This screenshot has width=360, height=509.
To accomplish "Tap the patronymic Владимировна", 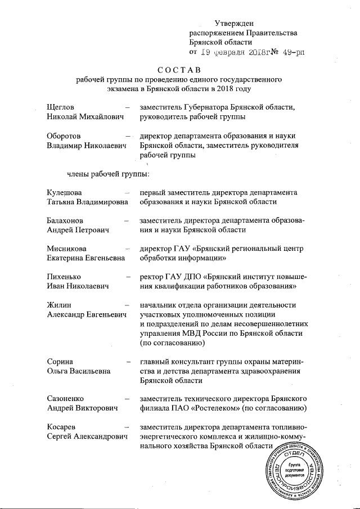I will (100, 202).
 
